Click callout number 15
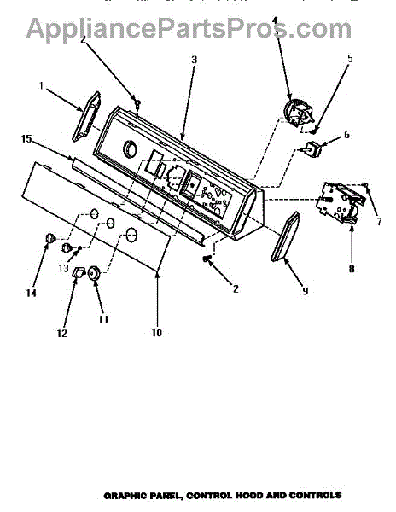pos(26,139)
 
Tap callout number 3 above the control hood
pos(195,60)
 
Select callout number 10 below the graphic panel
pos(157,333)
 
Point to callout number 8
pos(352,269)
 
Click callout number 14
pos(32,294)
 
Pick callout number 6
pos(346,134)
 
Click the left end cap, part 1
pos(86,117)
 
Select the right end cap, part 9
pos(285,236)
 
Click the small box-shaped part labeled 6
pos(312,148)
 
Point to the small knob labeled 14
pos(50,238)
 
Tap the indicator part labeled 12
pos(79,271)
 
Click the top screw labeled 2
pos(138,103)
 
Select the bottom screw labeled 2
pos(206,259)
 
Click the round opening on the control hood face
pos(130,150)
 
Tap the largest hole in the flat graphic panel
pos(131,236)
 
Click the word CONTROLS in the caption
pos(316,495)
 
